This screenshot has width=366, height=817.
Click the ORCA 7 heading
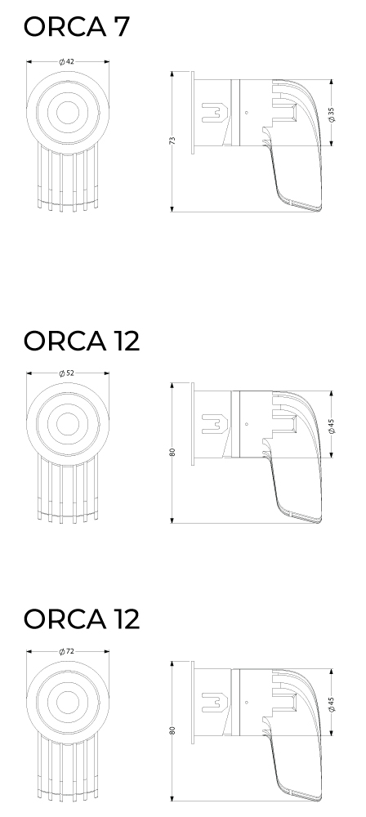[x=76, y=27]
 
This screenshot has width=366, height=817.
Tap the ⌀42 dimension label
[x=67, y=61]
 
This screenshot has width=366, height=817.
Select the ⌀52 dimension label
[x=67, y=373]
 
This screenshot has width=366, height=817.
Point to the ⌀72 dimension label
[x=67, y=651]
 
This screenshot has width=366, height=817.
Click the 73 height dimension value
[x=172, y=141]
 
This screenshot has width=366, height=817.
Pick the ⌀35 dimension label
[x=332, y=114]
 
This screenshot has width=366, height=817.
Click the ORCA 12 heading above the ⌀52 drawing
[x=82, y=341]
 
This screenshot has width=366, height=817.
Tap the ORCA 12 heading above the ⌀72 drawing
[x=82, y=619]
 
